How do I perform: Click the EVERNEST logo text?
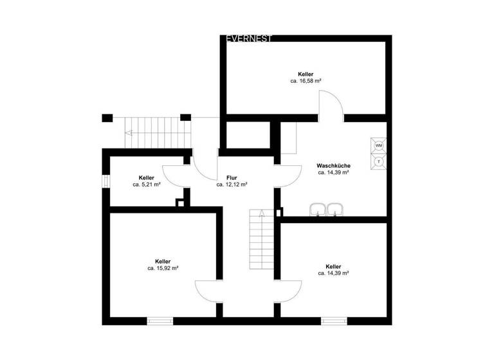[x=250, y=39]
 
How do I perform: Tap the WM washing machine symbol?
[x=378, y=145]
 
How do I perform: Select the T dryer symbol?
[x=378, y=161]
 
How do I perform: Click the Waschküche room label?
[x=333, y=165]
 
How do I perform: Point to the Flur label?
[x=232, y=177]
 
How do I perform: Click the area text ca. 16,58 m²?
[x=306, y=82]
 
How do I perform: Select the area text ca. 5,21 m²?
[x=147, y=184]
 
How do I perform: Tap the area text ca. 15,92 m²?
[x=163, y=269]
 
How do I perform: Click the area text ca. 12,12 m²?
[x=232, y=184]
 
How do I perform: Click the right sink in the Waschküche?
[x=334, y=209]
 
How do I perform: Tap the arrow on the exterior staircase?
[x=131, y=134]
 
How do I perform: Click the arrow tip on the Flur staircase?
[x=262, y=213]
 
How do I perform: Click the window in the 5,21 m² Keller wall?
[x=105, y=181]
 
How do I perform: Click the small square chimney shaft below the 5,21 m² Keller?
[x=181, y=203]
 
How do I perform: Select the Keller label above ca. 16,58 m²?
[x=306, y=74]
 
